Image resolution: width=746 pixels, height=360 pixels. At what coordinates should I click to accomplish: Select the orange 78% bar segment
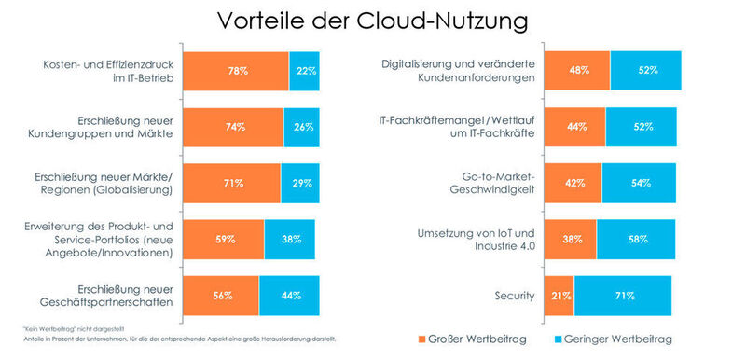235,70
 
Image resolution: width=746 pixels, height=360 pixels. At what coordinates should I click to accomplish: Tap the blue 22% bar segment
304,70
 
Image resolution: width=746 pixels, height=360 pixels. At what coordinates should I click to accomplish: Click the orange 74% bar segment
232,126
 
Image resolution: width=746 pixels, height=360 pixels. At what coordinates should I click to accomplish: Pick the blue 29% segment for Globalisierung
299,183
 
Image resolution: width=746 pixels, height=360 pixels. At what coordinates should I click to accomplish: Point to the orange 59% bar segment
223,239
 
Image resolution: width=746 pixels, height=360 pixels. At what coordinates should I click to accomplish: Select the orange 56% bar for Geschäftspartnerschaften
220,295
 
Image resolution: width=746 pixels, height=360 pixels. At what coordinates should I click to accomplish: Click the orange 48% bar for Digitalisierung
576,70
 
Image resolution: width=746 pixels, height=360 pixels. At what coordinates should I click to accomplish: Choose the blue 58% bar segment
639,239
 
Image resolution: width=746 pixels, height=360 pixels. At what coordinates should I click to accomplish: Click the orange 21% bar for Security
558,296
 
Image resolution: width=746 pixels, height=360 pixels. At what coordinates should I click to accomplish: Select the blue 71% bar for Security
622,296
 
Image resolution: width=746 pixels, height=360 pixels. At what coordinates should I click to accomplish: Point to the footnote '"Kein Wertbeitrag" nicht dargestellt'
62,327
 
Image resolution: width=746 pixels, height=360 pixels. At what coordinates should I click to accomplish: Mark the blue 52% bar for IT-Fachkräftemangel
641,126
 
